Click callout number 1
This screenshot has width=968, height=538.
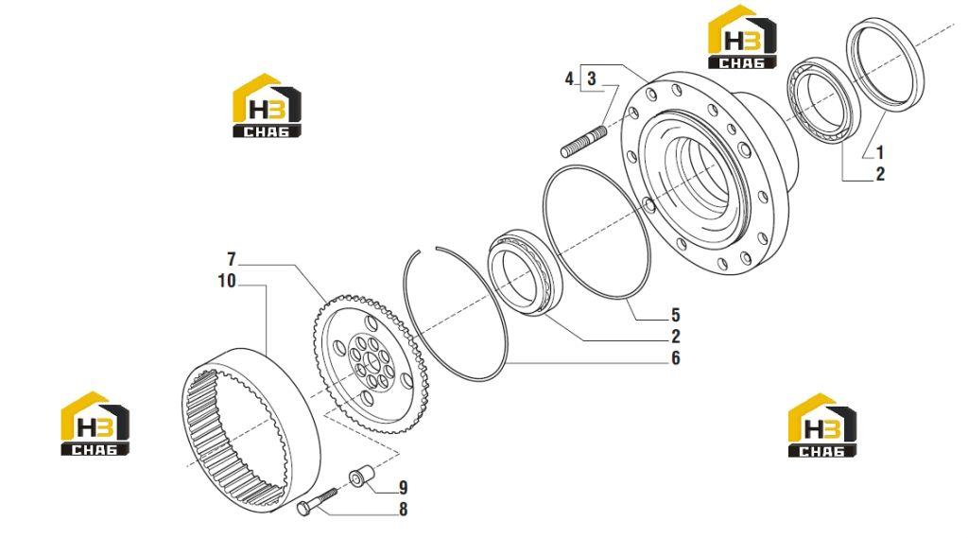click(x=880, y=152)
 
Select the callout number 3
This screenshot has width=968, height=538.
click(x=592, y=79)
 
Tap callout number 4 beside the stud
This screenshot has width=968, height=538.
click(x=570, y=79)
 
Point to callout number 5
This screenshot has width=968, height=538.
click(x=675, y=315)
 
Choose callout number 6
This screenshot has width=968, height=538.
click(x=675, y=358)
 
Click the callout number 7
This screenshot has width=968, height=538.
click(x=232, y=259)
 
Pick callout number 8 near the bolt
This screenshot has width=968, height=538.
click(x=403, y=510)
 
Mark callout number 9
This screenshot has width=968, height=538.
click(x=403, y=488)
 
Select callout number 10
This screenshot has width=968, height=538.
click(x=227, y=281)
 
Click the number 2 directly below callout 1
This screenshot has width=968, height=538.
click(x=880, y=174)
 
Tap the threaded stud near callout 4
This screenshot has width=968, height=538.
click(x=583, y=142)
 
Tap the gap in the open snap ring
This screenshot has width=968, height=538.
click(x=428, y=249)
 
